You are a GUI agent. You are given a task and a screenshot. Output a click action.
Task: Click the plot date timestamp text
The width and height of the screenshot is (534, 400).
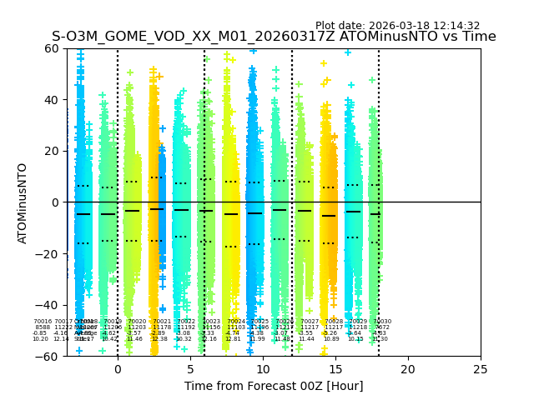397,26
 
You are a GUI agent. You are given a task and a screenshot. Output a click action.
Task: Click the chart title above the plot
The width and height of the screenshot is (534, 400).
274,37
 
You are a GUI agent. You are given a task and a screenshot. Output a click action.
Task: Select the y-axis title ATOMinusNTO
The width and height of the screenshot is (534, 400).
23,202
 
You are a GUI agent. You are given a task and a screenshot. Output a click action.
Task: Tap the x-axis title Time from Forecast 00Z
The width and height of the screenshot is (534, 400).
274,386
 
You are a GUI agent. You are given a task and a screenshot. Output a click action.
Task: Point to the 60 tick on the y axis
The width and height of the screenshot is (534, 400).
52,48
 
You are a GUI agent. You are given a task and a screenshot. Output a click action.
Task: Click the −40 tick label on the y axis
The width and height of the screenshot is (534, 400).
48,305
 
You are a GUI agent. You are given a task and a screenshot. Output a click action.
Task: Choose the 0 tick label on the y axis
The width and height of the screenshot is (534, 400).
55,202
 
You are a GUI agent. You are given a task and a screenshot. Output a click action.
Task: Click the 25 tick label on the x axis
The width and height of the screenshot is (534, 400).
481,369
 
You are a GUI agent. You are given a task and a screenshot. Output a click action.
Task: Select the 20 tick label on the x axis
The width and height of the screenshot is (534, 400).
408,369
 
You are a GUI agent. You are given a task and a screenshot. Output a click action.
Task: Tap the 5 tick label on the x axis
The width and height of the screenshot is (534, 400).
190,369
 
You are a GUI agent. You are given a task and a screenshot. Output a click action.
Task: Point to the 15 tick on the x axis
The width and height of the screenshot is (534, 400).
335,369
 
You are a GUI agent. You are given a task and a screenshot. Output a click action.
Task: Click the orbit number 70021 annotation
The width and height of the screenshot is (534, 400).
162,322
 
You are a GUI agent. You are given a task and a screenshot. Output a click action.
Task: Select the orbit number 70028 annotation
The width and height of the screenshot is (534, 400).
334,322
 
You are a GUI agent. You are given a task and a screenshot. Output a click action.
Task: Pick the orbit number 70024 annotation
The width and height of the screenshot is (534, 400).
235,322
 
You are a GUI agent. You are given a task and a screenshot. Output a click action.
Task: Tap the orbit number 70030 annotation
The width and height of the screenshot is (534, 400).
381,322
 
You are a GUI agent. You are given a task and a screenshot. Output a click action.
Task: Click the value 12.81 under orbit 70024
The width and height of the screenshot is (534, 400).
232,339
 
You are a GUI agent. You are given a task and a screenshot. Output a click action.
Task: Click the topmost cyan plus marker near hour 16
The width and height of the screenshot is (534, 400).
348,52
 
